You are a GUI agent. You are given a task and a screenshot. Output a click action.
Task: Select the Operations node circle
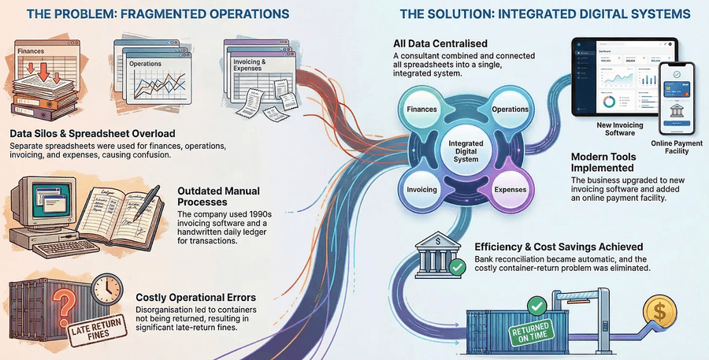tap(510, 109)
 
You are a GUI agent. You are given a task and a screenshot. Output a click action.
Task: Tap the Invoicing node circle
tap(421, 190)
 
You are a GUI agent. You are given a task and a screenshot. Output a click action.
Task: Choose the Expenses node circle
tap(510, 190)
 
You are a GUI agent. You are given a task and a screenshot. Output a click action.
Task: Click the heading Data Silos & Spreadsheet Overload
tap(93, 134)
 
